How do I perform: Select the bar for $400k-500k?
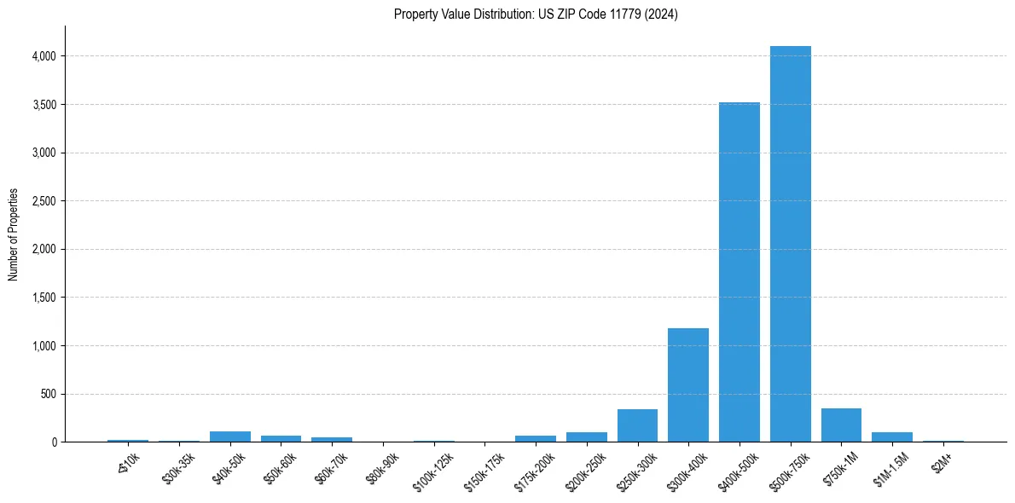739,272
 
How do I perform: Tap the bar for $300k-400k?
687,384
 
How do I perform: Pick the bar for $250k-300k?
637,425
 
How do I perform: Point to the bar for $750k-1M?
841,425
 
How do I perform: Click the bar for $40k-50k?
229,437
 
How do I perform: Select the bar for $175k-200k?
535,438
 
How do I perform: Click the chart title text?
536,14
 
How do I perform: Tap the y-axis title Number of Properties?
14,234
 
